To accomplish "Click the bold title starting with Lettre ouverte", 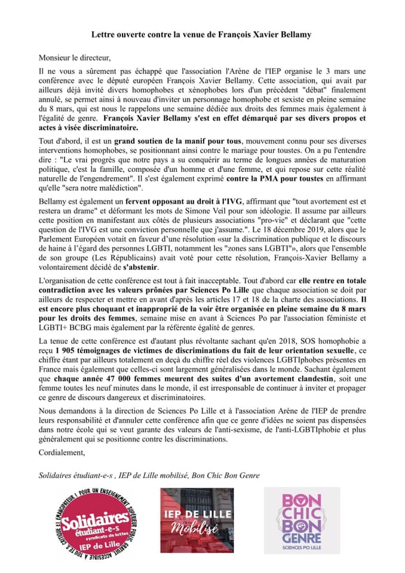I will tap(202, 36).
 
